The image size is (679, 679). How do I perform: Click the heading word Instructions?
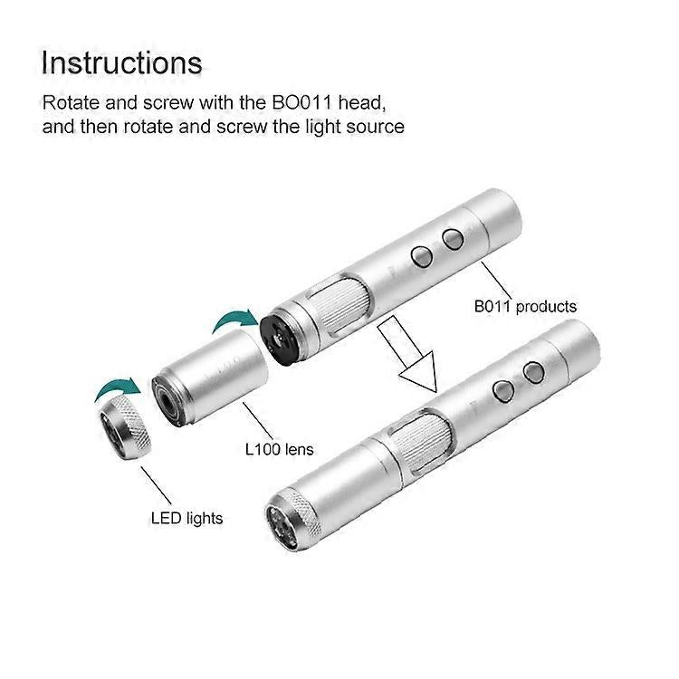coord(121,63)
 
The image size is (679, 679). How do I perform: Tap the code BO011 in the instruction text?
coord(301,102)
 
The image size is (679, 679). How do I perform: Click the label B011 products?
coord(525,307)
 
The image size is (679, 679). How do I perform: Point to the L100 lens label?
coord(280,449)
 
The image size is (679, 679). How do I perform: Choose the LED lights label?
coord(186,519)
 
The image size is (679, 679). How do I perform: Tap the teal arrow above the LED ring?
coord(118,388)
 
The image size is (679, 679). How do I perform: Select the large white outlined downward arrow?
coord(409,354)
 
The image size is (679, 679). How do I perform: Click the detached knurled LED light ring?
coord(125,426)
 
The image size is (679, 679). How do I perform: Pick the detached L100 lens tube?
coord(210,378)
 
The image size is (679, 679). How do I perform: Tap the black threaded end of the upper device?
coord(280,337)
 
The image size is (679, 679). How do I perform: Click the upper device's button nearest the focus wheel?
coord(421,256)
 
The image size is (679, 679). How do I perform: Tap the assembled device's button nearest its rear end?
coord(533,372)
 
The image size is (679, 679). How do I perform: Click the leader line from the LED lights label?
coord(157,485)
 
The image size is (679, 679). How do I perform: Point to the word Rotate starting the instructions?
coord(71,102)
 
